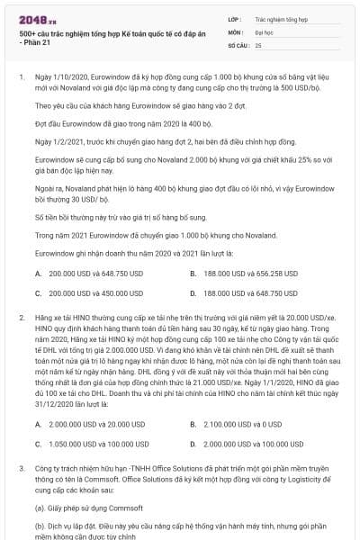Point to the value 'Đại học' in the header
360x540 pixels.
pos(266,31)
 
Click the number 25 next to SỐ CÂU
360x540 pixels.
pos(258,43)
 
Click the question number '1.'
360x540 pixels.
pos(22,77)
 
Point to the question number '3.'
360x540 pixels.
pos(22,470)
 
